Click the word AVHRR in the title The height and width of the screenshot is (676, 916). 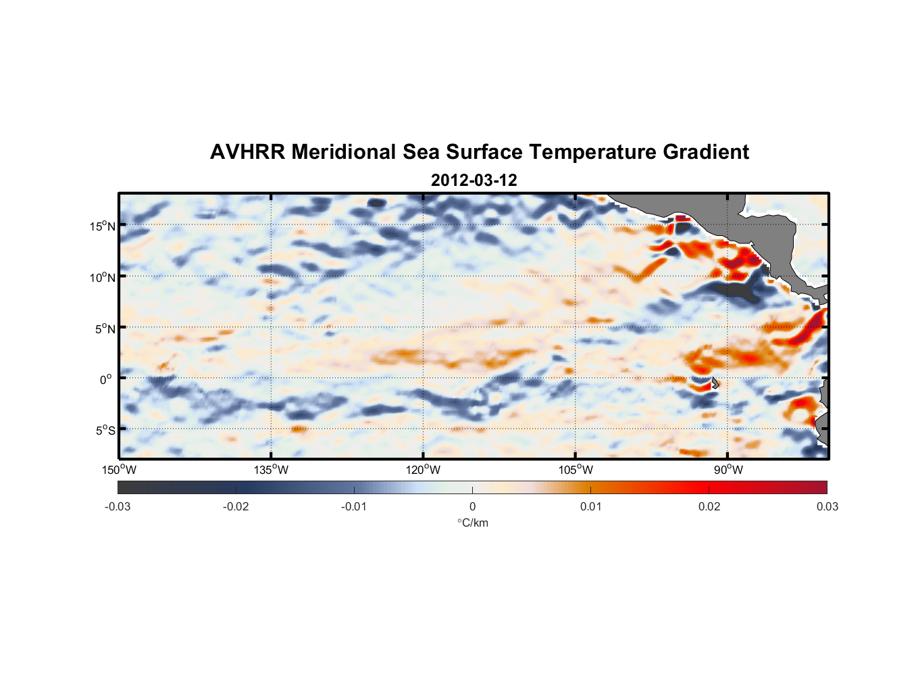tap(247, 152)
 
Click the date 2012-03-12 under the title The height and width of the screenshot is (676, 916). tap(474, 180)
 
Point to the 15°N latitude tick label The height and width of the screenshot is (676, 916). tap(103, 226)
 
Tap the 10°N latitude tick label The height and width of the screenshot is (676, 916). tap(103, 277)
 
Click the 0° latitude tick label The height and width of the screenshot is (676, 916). tap(106, 379)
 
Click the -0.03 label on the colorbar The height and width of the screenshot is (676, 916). tap(118, 507)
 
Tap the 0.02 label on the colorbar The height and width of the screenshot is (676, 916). tap(709, 507)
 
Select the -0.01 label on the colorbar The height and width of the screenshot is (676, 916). tap(354, 507)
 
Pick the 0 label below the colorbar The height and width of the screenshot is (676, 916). tap(472, 507)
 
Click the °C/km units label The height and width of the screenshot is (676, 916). tap(472, 523)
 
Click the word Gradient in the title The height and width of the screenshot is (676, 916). tap(706, 152)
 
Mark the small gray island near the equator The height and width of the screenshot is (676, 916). tap(715, 383)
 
